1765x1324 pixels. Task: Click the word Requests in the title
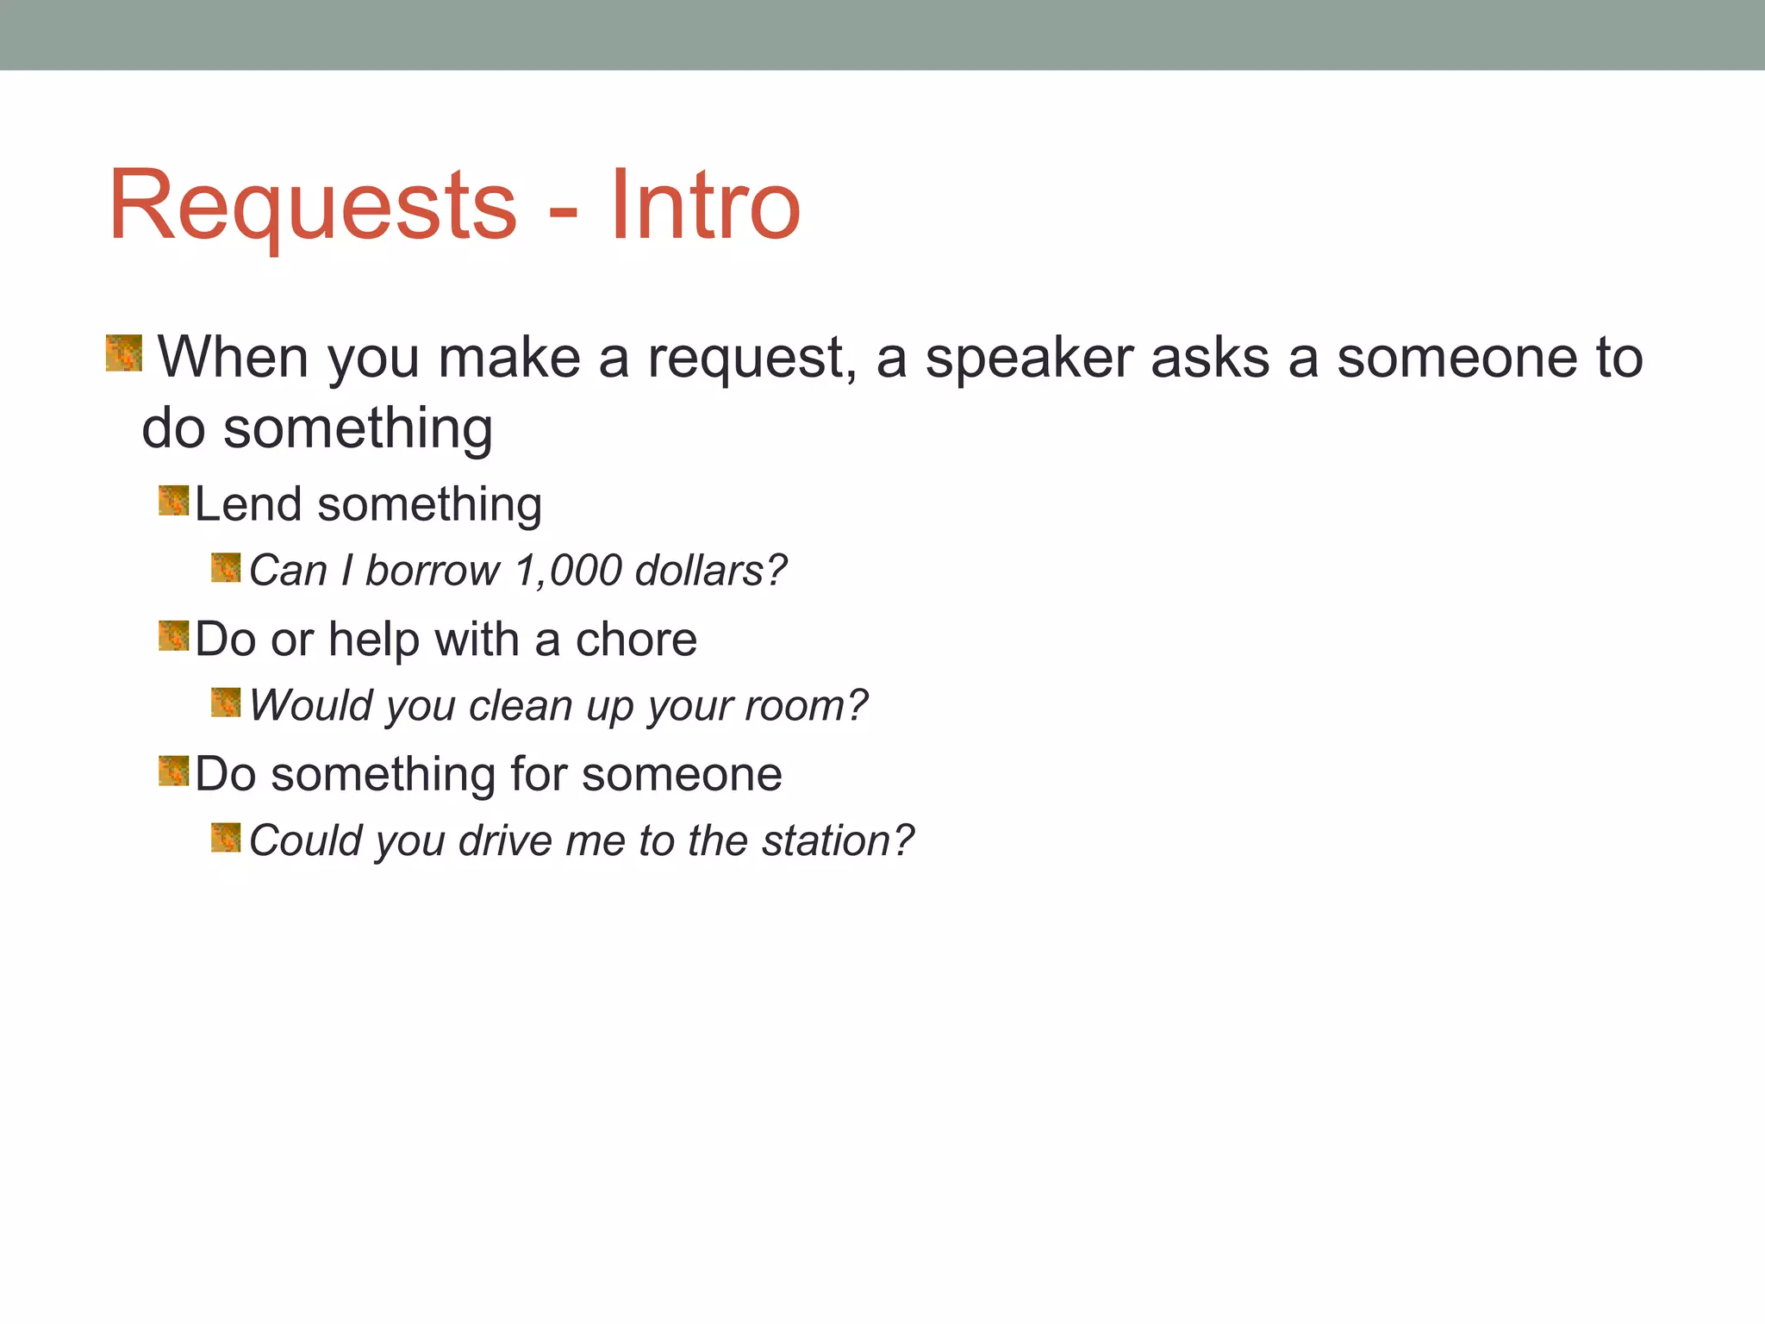(x=312, y=207)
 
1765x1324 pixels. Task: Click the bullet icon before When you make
(x=124, y=353)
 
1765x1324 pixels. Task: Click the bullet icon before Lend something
(x=173, y=500)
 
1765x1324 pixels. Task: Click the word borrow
(x=432, y=571)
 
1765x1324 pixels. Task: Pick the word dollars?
(x=710, y=571)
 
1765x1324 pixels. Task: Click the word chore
(x=636, y=640)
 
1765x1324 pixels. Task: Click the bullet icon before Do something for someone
(x=173, y=771)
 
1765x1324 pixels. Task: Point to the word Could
(x=305, y=840)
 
